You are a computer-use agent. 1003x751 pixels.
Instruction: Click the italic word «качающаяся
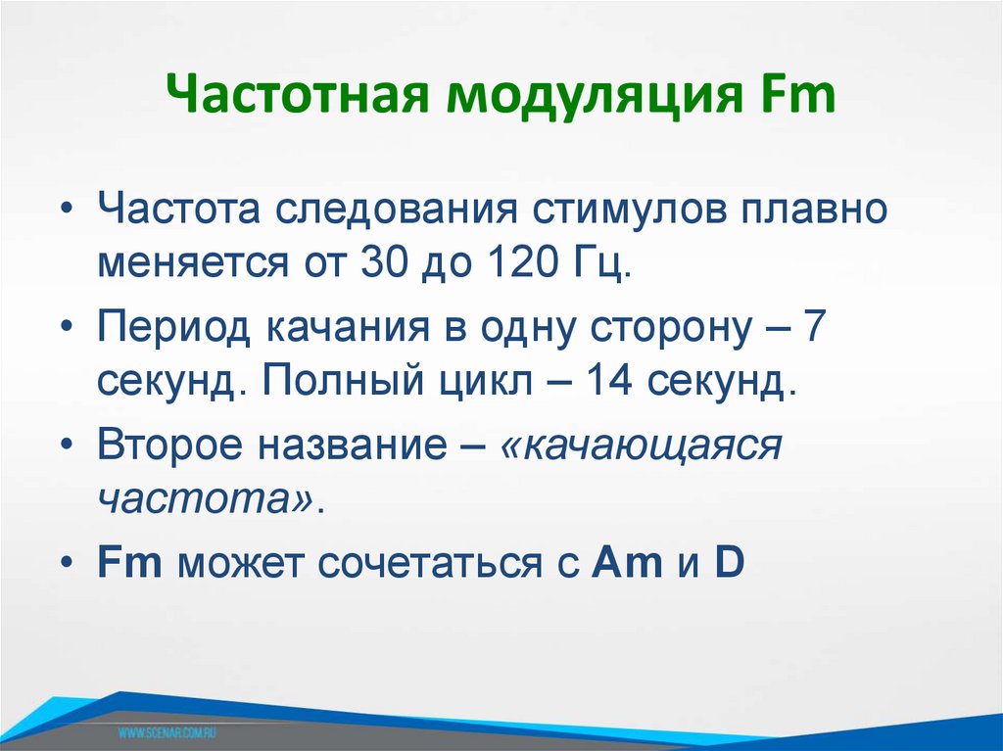[642, 446]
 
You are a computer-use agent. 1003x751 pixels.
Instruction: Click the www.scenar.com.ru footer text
[167, 731]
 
